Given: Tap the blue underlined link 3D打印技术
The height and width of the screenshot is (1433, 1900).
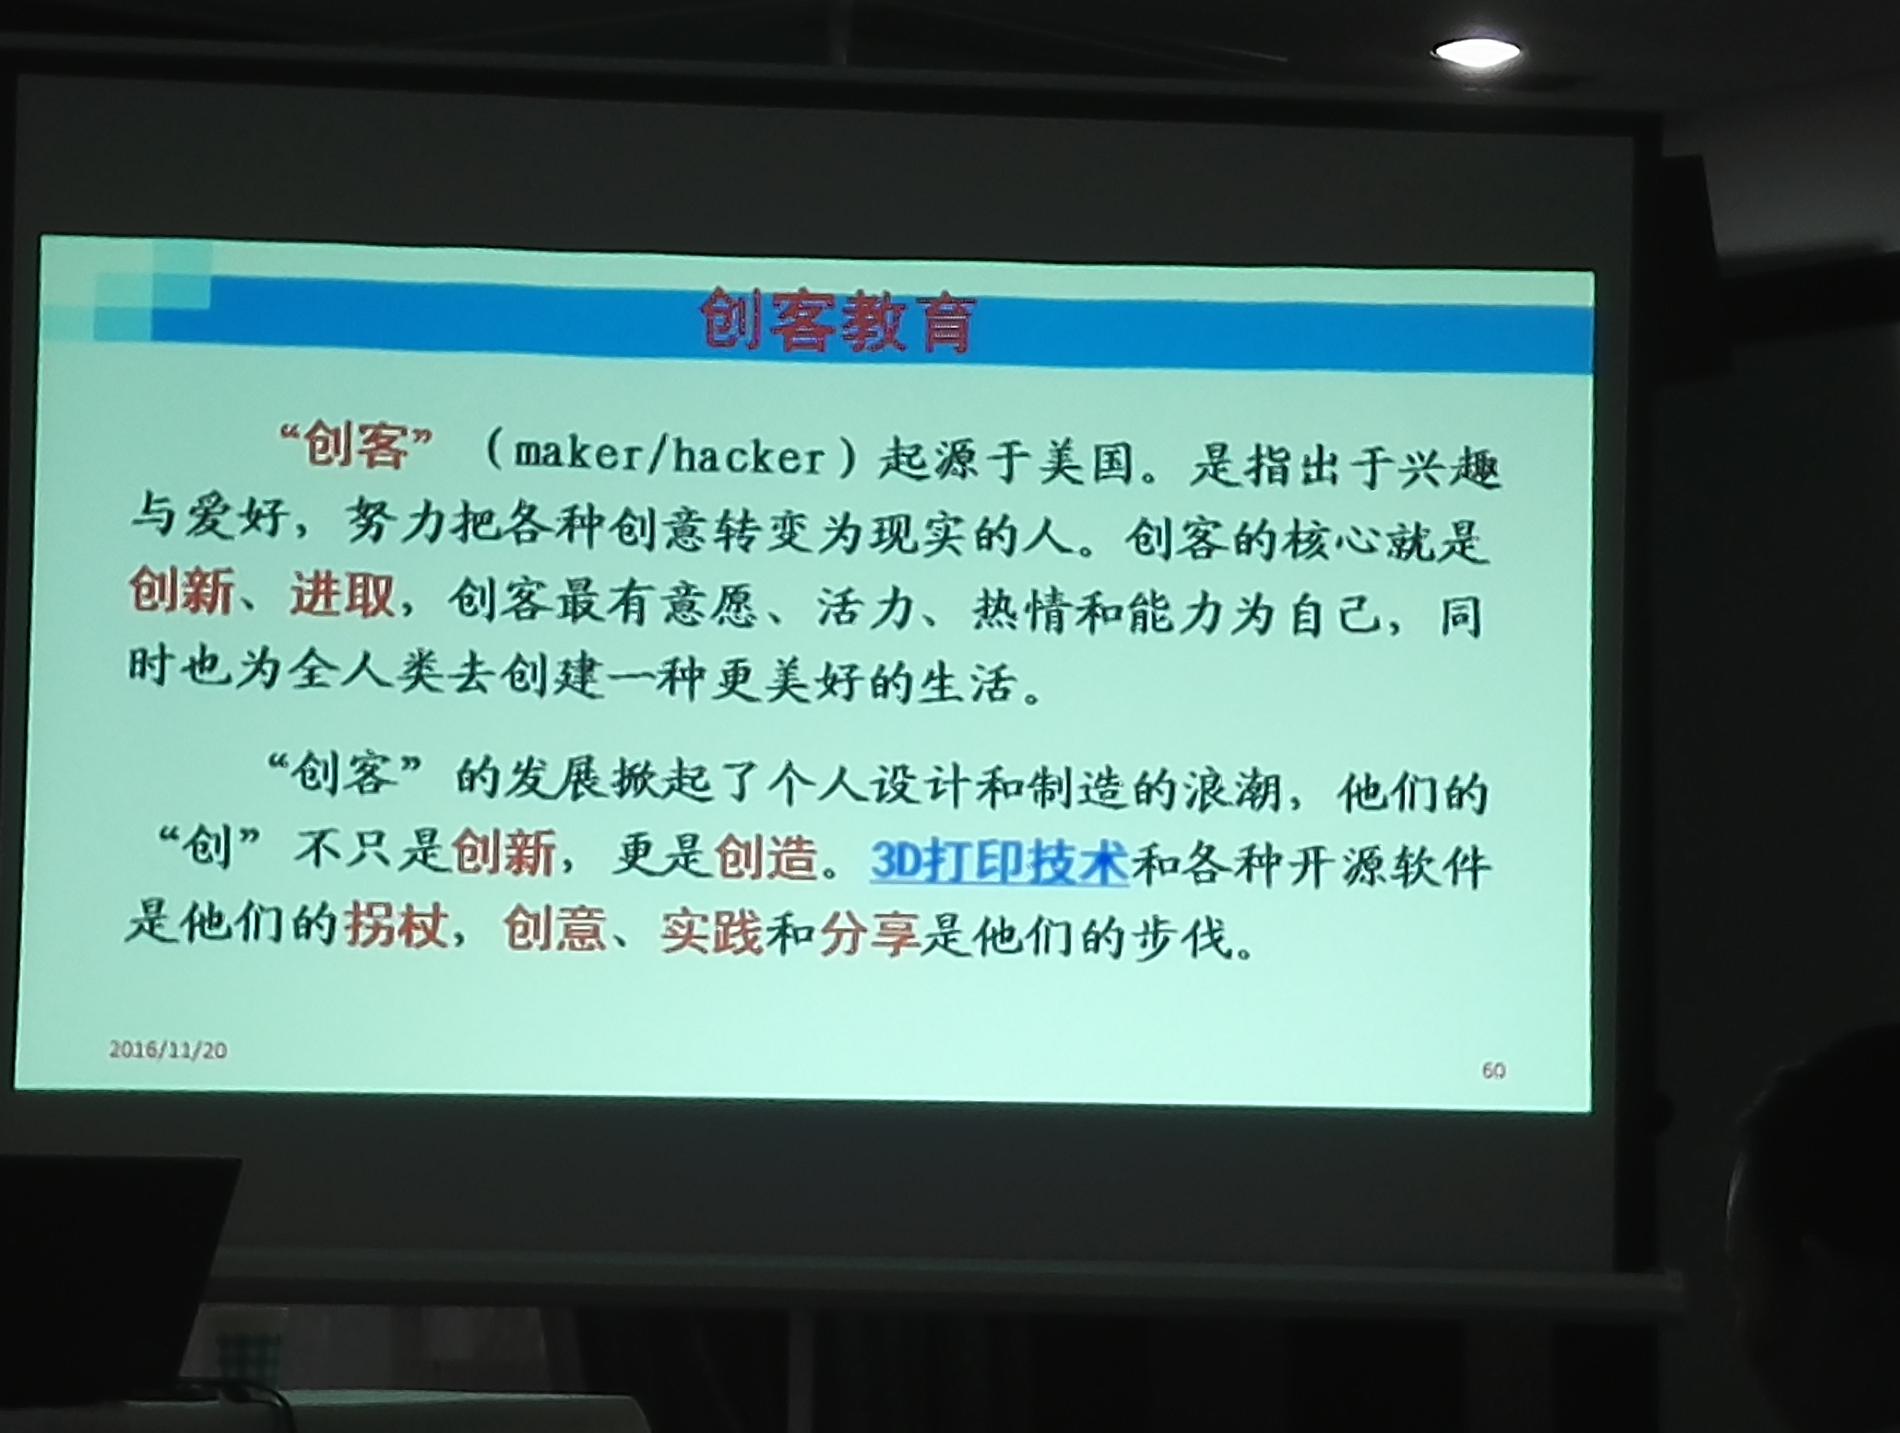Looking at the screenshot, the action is pyautogui.click(x=999, y=861).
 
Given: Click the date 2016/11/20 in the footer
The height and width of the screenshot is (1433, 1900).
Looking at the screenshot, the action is pyautogui.click(x=169, y=1049).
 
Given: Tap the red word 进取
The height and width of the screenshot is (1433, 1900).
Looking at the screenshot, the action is pyautogui.click(x=342, y=593).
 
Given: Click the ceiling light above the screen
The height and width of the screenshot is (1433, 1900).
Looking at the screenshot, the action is pyautogui.click(x=1477, y=52).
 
